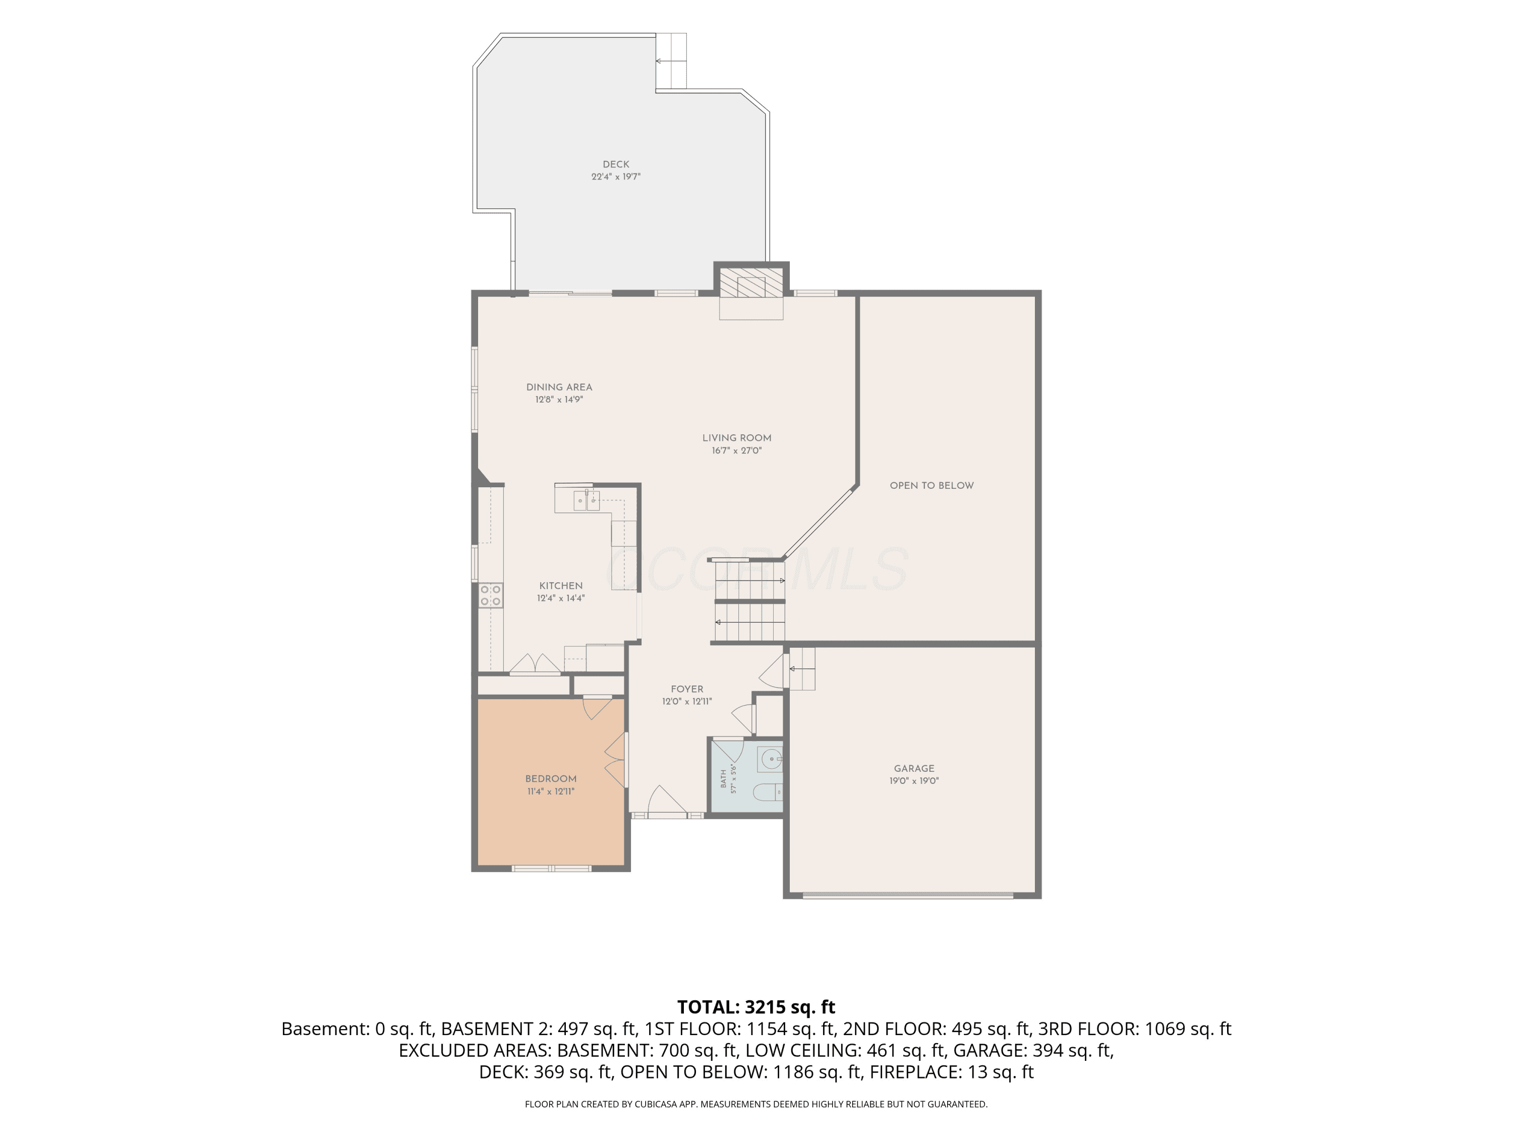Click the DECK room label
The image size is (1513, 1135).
[x=616, y=164]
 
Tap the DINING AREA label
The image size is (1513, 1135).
[x=559, y=387]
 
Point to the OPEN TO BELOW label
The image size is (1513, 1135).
[x=932, y=486]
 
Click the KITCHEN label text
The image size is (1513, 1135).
[x=561, y=586]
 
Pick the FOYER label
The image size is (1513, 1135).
[x=687, y=690]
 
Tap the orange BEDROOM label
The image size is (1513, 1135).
[x=551, y=778]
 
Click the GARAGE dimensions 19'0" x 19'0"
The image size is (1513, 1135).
[x=914, y=780]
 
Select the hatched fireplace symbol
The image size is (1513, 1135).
[x=751, y=282]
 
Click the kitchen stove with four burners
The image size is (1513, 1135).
[x=490, y=595]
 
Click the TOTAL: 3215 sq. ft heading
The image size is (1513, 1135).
[x=756, y=1007]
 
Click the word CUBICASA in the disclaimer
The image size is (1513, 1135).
[x=657, y=1104]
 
